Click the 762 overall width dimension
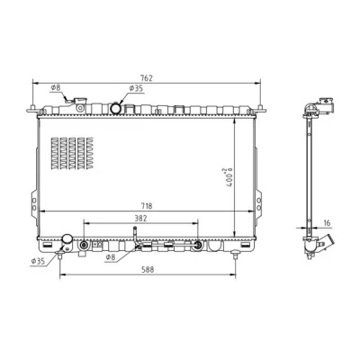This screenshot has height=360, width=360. coord(147,78)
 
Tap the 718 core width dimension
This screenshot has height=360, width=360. coord(146,206)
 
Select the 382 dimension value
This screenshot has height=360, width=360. coord(140,219)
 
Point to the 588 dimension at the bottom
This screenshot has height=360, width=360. coord(148,269)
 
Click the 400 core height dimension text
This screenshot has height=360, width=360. coord(229,177)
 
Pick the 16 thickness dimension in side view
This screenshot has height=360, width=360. coord(327,223)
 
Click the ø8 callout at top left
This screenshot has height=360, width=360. coord(56,87)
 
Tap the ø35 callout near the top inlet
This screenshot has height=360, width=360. coord(136,88)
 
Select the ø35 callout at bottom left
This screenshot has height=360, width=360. coord(38,261)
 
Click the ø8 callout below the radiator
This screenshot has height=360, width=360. coord(111,257)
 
